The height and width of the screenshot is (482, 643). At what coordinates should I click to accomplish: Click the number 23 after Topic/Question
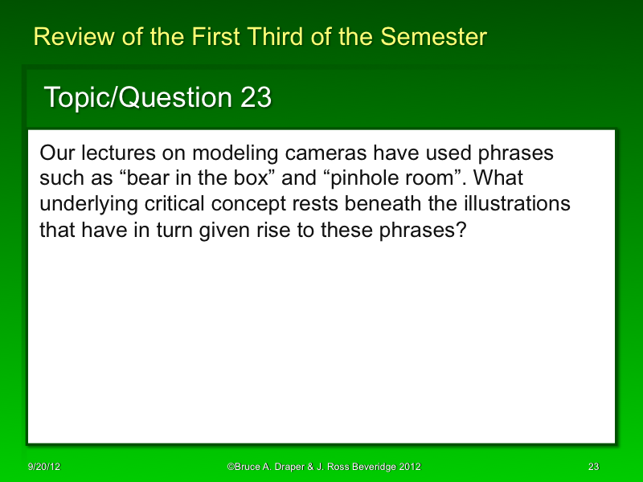(x=256, y=98)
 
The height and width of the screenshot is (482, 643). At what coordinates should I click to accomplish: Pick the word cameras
(x=309, y=153)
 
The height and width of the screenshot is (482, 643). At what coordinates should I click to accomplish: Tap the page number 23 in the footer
(x=594, y=467)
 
